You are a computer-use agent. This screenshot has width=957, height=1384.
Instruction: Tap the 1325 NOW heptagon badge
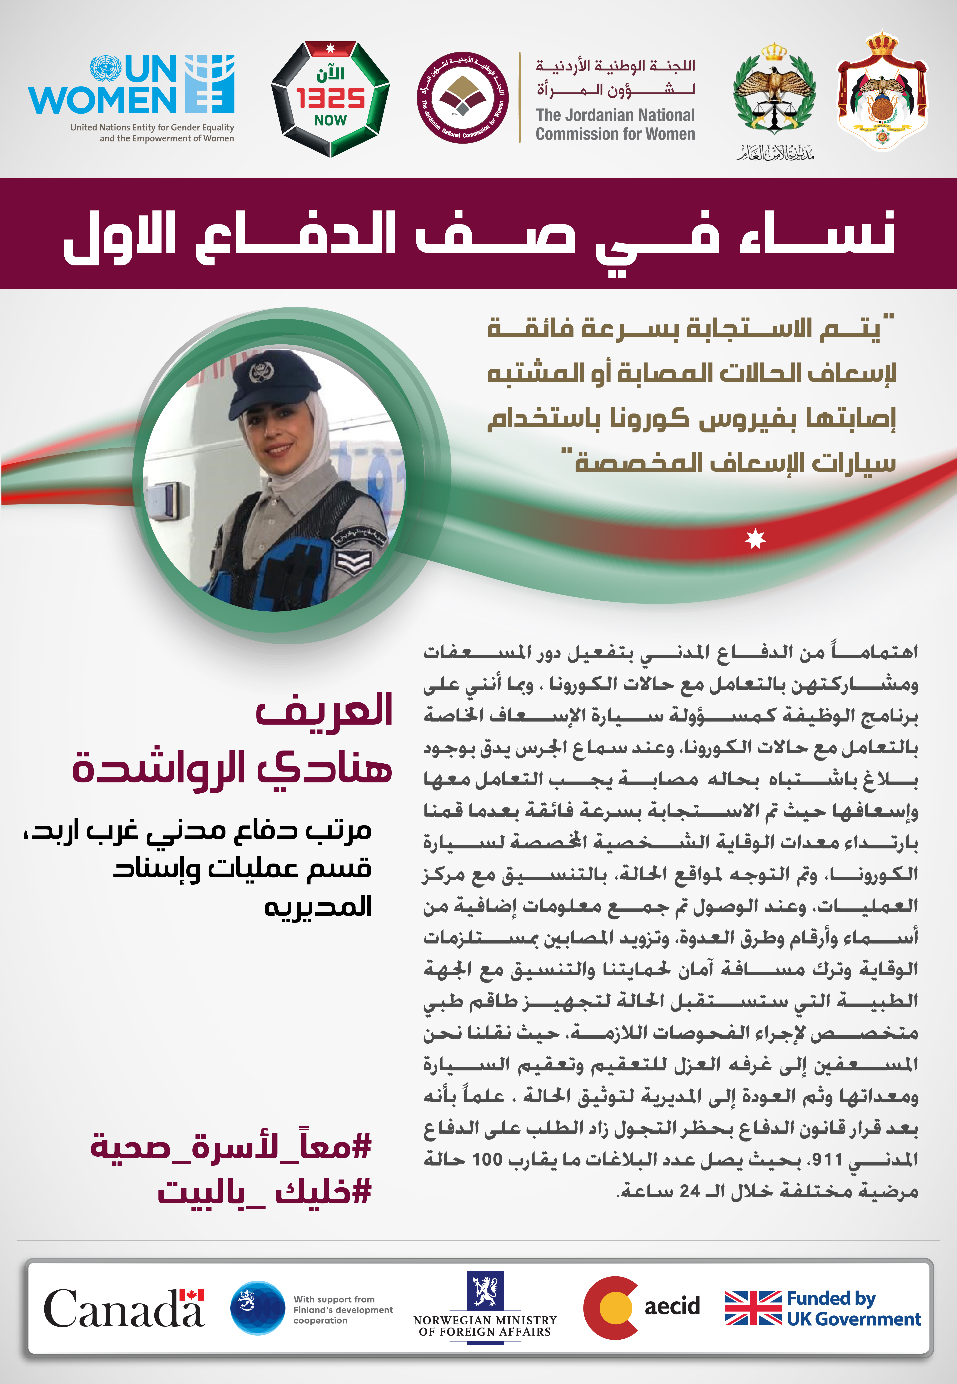[x=330, y=99]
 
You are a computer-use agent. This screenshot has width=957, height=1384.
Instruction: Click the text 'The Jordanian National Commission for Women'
[x=615, y=124]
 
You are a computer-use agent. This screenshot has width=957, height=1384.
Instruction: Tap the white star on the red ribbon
[x=755, y=539]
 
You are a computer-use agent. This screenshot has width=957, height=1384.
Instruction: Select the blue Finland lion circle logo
[x=258, y=1308]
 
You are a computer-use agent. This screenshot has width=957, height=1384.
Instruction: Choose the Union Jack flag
[x=753, y=1308]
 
